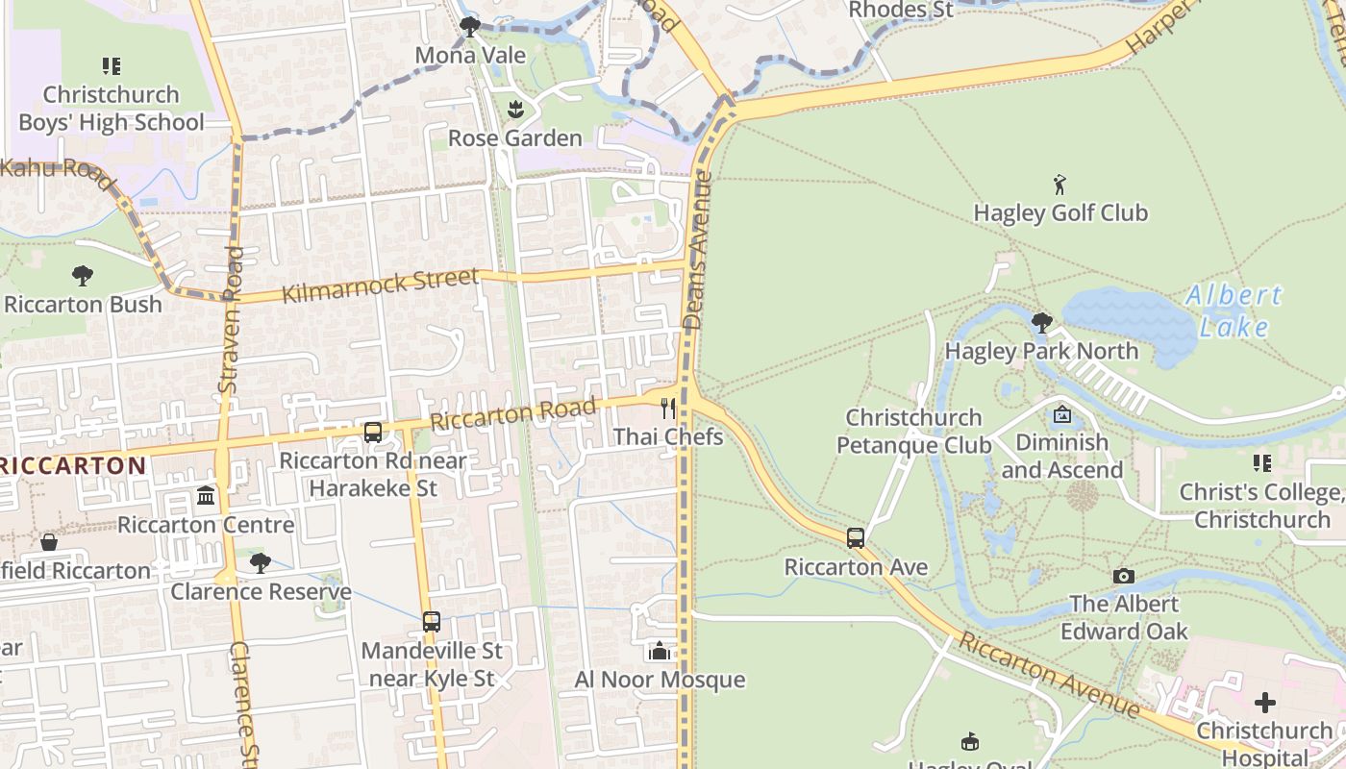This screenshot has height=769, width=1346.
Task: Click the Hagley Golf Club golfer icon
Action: (x=1059, y=185)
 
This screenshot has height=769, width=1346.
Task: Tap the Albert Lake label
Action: (x=1234, y=310)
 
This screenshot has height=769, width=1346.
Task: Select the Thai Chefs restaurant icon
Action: (x=668, y=409)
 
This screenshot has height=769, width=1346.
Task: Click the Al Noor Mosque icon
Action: (x=659, y=652)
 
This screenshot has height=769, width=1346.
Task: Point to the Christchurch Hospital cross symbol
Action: (x=1265, y=702)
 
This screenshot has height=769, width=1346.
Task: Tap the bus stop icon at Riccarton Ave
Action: (x=856, y=538)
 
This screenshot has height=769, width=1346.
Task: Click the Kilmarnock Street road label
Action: (x=380, y=285)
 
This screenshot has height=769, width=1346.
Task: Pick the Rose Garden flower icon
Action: (x=515, y=109)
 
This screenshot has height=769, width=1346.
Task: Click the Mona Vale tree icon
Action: (x=470, y=26)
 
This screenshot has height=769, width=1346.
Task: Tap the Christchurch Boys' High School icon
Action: (x=112, y=66)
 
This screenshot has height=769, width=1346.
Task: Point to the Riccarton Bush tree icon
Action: (x=83, y=276)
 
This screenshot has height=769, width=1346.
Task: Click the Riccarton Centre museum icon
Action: (x=206, y=496)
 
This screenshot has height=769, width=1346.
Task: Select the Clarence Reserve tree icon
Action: (x=260, y=563)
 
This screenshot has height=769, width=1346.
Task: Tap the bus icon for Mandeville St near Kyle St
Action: (x=432, y=622)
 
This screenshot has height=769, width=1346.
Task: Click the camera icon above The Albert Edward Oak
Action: (x=1123, y=576)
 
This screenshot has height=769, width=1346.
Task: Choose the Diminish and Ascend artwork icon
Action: (x=1062, y=415)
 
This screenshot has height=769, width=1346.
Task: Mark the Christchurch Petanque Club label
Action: (x=913, y=432)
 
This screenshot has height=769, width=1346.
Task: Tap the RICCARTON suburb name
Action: (x=73, y=466)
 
